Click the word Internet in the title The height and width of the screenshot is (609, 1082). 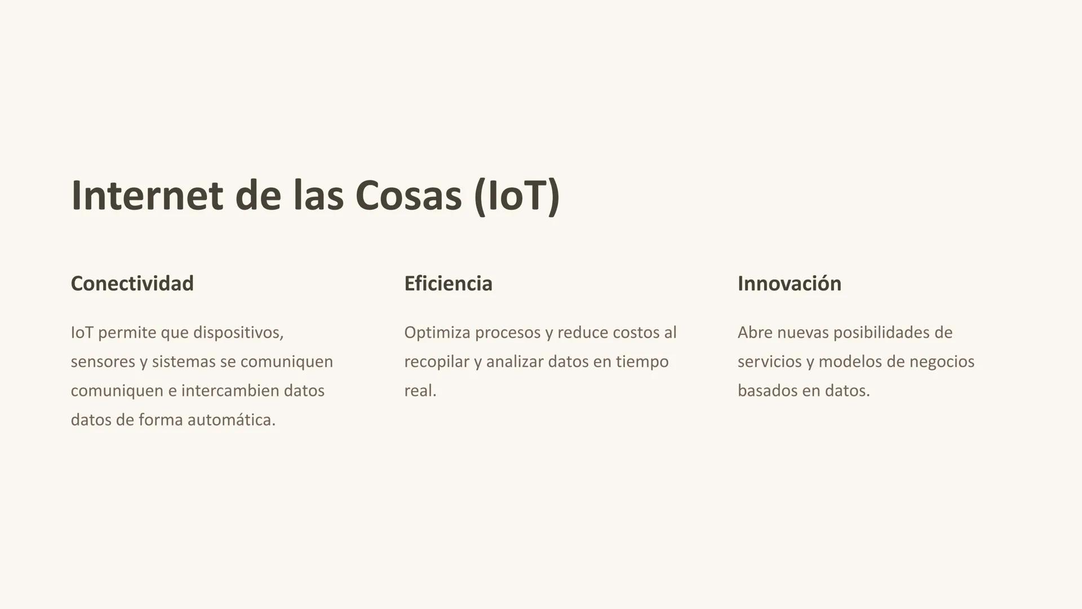click(x=147, y=196)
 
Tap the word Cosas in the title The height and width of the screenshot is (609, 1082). click(x=408, y=196)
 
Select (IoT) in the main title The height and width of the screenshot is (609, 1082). click(x=517, y=196)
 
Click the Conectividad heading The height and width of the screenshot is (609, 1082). click(x=132, y=283)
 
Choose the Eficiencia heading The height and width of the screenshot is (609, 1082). click(x=448, y=283)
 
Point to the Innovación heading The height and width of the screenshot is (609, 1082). click(x=789, y=283)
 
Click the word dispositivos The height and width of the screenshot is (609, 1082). click(x=238, y=333)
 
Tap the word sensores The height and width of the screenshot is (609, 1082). click(x=103, y=361)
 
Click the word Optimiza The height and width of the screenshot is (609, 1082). click(x=437, y=333)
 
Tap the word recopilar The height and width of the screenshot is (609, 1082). click(x=436, y=361)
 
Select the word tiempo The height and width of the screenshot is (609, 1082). click(x=642, y=361)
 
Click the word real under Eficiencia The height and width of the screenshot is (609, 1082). click(x=420, y=391)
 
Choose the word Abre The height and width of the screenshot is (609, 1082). click(x=755, y=333)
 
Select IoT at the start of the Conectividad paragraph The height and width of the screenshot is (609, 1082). click(x=82, y=333)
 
